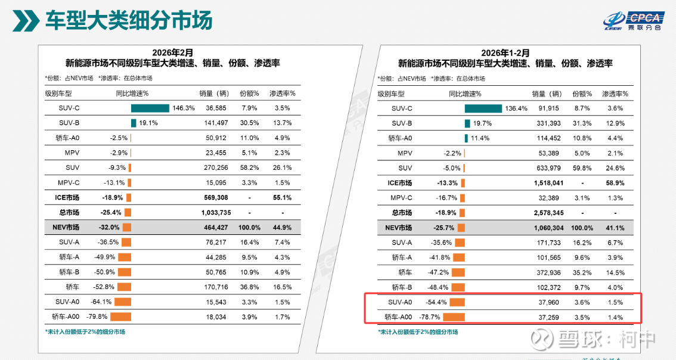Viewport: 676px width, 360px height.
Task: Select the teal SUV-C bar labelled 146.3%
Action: click(150, 108)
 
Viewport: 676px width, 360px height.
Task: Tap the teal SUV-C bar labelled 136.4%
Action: click(483, 108)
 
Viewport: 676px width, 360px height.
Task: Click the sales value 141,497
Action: click(216, 123)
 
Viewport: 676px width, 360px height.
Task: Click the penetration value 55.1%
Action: click(282, 197)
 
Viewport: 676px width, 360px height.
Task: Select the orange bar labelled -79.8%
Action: click(120, 316)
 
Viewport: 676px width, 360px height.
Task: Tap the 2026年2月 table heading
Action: click(172, 52)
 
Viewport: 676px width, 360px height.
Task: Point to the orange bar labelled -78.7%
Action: click(454, 316)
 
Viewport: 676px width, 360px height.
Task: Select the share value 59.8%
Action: click(582, 167)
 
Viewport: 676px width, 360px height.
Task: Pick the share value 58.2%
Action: click(249, 167)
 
